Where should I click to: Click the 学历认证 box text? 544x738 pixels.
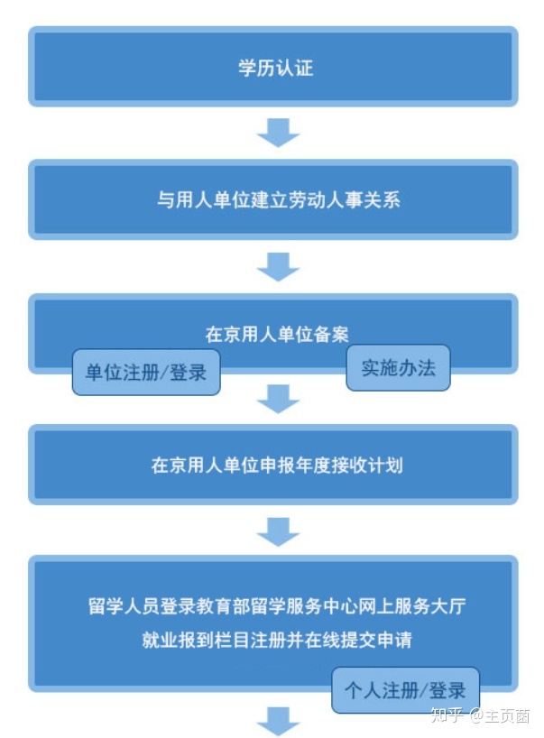click(276, 68)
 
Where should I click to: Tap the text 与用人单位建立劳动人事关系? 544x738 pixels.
click(279, 200)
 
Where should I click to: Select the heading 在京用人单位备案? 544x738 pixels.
click(277, 334)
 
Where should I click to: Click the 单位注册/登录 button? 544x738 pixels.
click(146, 373)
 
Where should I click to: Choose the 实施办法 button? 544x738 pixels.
click(398, 368)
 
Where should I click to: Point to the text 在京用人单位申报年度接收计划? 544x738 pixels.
click(277, 465)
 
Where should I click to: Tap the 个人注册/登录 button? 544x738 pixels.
click(405, 690)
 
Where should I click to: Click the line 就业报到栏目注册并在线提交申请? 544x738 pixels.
click(277, 640)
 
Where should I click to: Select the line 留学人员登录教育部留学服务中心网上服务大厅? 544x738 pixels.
click(277, 605)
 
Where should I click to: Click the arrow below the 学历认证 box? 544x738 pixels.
click(278, 133)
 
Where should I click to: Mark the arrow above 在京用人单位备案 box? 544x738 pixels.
click(278, 266)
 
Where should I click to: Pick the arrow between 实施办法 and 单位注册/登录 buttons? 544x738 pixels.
click(278, 399)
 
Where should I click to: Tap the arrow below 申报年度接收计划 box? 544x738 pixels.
click(278, 532)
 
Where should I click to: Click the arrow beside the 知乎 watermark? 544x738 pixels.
click(278, 721)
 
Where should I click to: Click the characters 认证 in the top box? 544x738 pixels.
click(295, 68)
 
